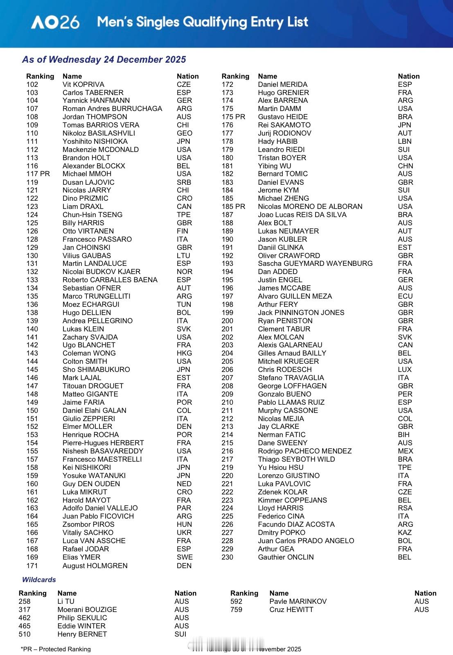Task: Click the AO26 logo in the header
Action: pyautogui.click(x=55, y=22)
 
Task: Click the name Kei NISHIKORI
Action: pyautogui.click(x=87, y=467)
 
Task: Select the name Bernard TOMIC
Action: pyautogui.click(x=283, y=174)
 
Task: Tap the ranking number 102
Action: pyautogui.click(x=32, y=84)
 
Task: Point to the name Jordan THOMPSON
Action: pyautogui.click(x=95, y=117)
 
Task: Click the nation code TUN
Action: pyautogui.click(x=184, y=304)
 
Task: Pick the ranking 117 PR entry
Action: pyautogui.click(x=38, y=174)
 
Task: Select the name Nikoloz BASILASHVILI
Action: pyautogui.click(x=99, y=133)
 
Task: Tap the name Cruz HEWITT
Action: pyautogui.click(x=291, y=610)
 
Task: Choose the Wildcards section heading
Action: pyautogui.click(x=39, y=580)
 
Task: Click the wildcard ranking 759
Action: pyautogui.click(x=236, y=610)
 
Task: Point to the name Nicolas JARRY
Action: pyautogui.click(x=87, y=190)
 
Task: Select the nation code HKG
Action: pyautogui.click(x=184, y=353)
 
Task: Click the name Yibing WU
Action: pyautogui.click(x=275, y=166)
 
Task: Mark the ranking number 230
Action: pyautogui.click(x=228, y=557)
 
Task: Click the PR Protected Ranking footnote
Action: pyautogui.click(x=56, y=649)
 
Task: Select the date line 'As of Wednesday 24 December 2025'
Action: pyautogui.click(x=104, y=59)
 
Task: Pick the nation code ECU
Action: pyautogui.click(x=405, y=296)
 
